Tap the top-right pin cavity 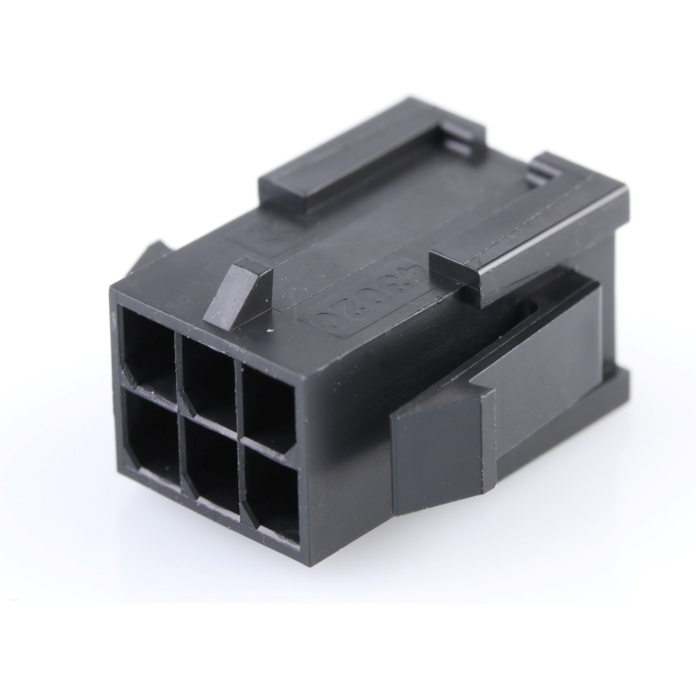(268, 400)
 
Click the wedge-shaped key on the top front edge (239, 292)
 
